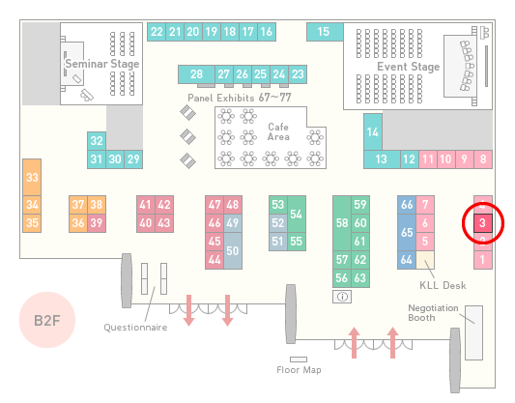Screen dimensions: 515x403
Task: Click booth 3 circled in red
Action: click(x=482, y=223)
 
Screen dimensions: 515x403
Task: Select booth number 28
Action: click(x=196, y=74)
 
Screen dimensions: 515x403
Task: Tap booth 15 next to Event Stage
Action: click(x=325, y=32)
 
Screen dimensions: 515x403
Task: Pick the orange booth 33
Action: click(x=32, y=178)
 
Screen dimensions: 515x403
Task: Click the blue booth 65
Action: click(x=407, y=232)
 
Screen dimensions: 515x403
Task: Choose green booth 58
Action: click(x=342, y=223)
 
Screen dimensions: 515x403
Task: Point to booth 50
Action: click(x=233, y=251)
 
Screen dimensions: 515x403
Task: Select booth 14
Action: click(x=373, y=132)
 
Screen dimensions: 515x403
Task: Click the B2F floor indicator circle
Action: click(x=47, y=320)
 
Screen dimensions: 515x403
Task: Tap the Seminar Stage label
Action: click(x=102, y=64)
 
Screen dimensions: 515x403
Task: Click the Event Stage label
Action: click(x=409, y=67)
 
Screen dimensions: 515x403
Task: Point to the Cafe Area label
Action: click(x=278, y=131)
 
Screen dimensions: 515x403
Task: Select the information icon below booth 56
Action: click(x=342, y=297)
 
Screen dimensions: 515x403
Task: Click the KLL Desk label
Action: click(x=443, y=285)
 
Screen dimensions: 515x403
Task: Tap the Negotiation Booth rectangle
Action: click(x=474, y=332)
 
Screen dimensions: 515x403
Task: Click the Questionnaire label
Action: click(x=135, y=328)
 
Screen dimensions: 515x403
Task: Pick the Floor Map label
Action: click(x=299, y=370)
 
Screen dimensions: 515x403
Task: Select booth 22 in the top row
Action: click(x=157, y=32)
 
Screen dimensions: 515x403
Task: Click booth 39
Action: click(x=97, y=223)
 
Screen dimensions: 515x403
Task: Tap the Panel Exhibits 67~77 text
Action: click(x=240, y=98)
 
